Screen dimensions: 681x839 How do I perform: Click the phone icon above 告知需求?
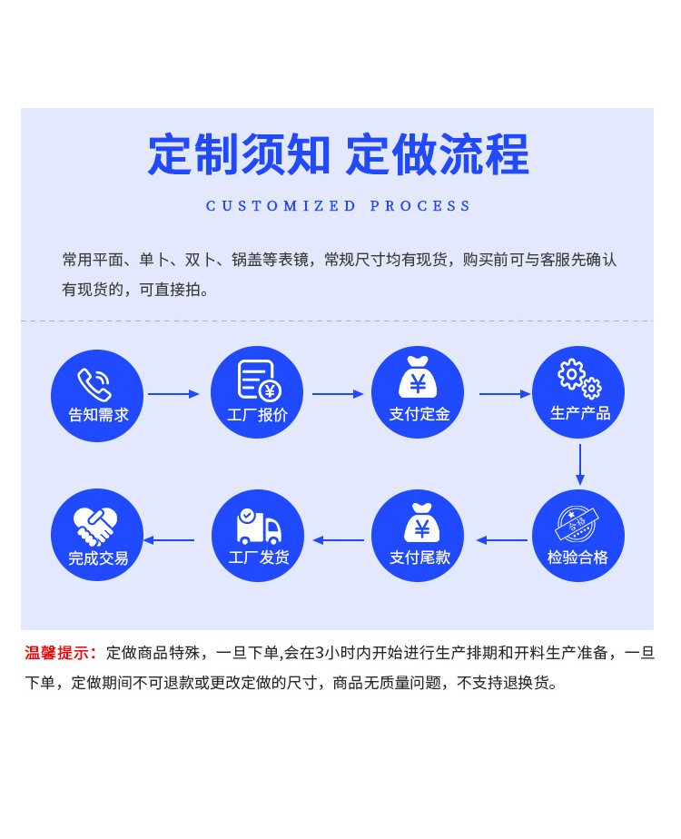point(94,384)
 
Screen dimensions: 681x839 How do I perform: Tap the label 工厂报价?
point(257,415)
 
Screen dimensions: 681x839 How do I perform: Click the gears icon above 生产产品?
point(579,379)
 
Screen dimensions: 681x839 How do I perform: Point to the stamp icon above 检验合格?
point(577,525)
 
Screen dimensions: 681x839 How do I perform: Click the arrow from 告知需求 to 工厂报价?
point(173,394)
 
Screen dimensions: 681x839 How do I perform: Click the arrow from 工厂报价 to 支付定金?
point(338,394)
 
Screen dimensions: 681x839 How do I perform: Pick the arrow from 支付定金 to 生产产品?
point(505,394)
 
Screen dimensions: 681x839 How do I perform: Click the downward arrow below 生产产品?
point(579,465)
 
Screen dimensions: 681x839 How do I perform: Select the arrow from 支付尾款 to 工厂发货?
point(339,540)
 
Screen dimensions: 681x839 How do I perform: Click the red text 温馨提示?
point(60,653)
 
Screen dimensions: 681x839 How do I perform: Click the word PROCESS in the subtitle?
point(420,206)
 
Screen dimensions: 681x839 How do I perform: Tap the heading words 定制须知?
point(239,155)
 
